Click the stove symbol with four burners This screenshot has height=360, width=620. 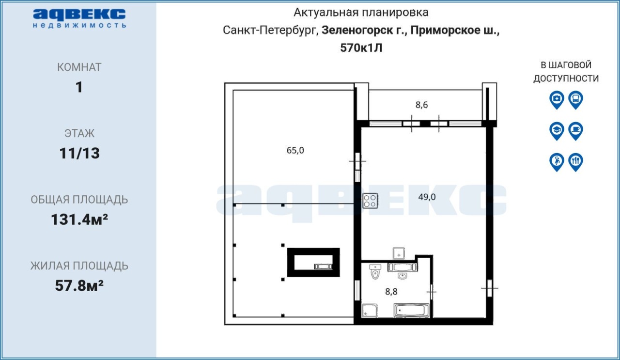pos(371,201)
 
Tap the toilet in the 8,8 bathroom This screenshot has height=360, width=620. pos(375,272)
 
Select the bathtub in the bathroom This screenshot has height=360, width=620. pos(412,311)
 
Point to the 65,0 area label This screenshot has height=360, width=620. pos(295,150)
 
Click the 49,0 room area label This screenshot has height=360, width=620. pos(427,197)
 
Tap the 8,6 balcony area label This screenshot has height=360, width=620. pos(421,105)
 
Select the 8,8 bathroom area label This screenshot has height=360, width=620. pos(391,292)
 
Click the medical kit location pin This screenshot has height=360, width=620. pos(557,100)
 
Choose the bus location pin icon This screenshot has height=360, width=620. pos(576,100)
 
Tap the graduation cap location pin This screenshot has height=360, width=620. pos(557,131)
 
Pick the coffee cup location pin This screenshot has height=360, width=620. pos(576,131)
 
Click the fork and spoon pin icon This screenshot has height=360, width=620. pos(576,162)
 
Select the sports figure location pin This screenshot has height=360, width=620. pos(557,162)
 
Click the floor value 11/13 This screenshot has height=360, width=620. pos(79,154)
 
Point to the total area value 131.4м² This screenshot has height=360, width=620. pos(79,219)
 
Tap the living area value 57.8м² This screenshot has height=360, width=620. pos(79,286)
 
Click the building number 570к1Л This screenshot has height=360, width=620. pos(361,48)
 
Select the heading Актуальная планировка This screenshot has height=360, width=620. pos(361,13)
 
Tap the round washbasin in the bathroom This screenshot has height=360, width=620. pos(402,276)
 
